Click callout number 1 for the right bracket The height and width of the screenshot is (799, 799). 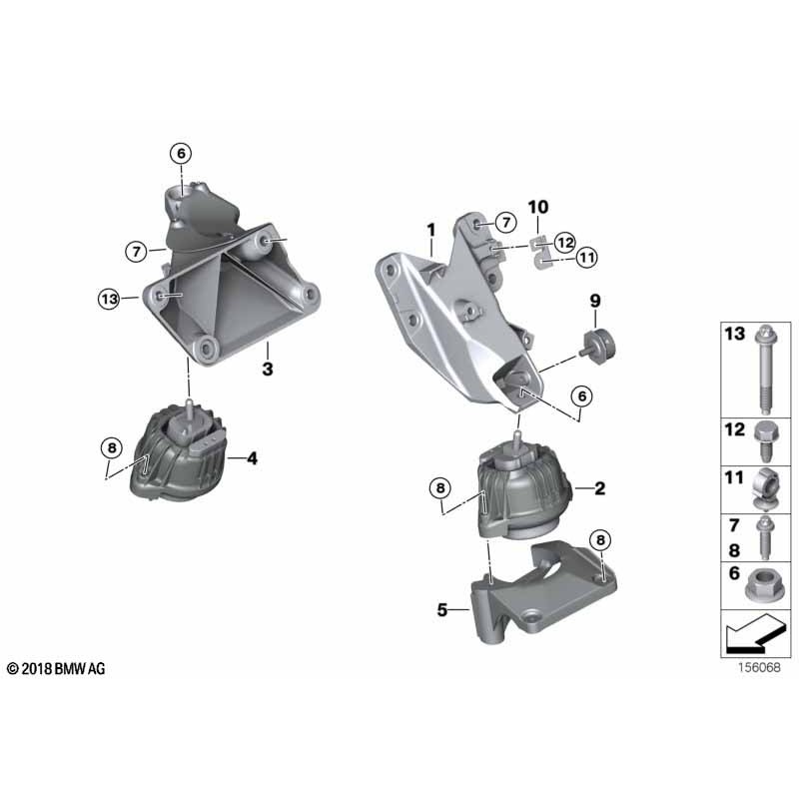pyautogui.click(x=431, y=231)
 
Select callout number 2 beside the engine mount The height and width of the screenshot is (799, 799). pyautogui.click(x=600, y=488)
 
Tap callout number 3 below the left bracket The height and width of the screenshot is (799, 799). pyautogui.click(x=268, y=369)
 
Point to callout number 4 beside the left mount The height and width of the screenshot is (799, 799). pyautogui.click(x=253, y=458)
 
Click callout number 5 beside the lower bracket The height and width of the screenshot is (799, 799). pyautogui.click(x=442, y=609)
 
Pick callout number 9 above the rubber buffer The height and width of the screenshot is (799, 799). pyautogui.click(x=595, y=302)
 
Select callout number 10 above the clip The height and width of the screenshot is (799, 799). pyautogui.click(x=538, y=207)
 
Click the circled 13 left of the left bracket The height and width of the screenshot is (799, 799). pyautogui.click(x=109, y=299)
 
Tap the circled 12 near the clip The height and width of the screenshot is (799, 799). pyautogui.click(x=564, y=242)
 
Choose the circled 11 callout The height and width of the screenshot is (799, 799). pyautogui.click(x=587, y=258)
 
